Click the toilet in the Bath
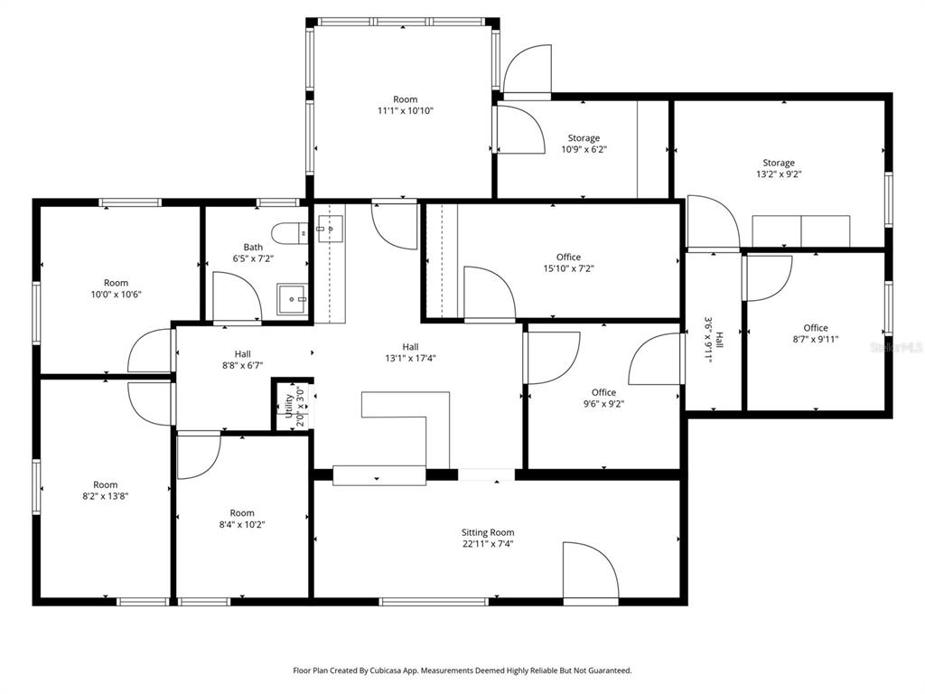[x=290, y=233]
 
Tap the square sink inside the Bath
[x=291, y=295]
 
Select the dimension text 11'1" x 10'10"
[x=406, y=111]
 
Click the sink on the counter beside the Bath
[x=330, y=229]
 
